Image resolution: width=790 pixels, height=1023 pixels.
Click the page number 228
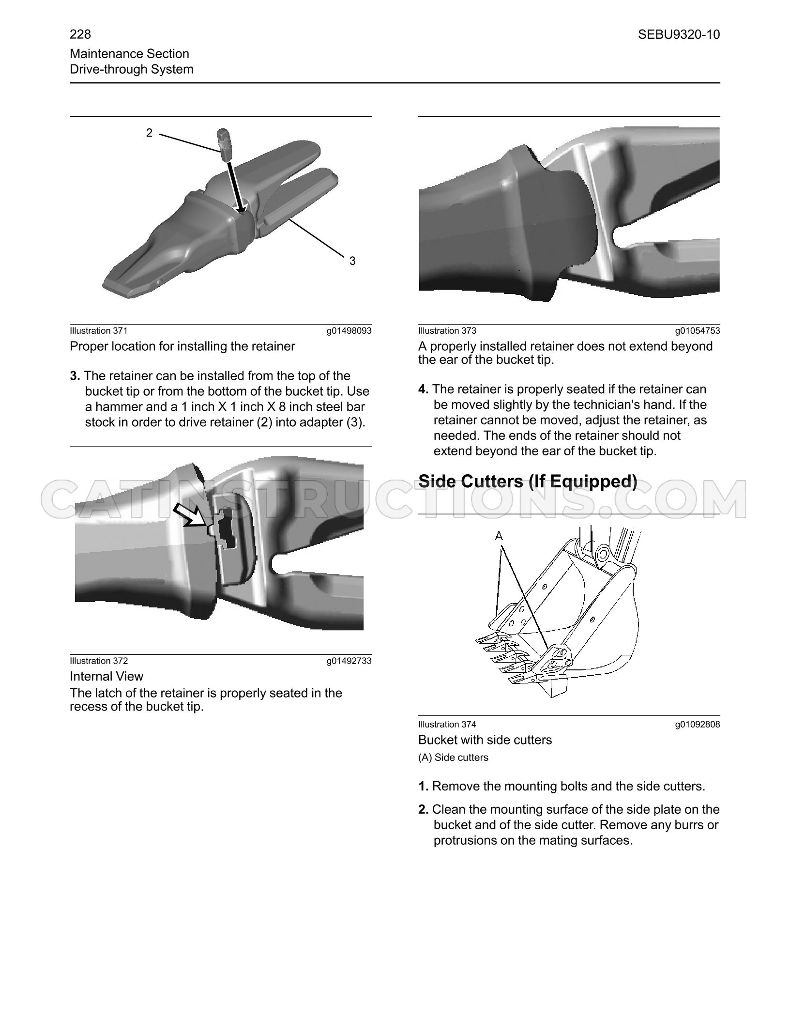point(80,34)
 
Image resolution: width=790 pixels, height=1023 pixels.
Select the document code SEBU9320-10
point(679,34)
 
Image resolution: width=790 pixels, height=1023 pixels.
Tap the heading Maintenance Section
point(129,54)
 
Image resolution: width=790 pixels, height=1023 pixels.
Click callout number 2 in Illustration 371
point(150,132)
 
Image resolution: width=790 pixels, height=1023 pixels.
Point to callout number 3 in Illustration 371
point(352,261)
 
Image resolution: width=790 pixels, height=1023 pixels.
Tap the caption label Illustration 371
point(99,331)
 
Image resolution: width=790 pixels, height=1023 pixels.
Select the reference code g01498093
point(349,331)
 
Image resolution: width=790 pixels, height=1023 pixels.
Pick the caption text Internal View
point(106,676)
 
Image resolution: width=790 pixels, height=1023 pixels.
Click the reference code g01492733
point(349,661)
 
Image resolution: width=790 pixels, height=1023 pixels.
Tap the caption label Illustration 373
point(447,331)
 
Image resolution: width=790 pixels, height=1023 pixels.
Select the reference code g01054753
point(698,331)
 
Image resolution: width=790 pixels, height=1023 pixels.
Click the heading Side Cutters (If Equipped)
point(528,481)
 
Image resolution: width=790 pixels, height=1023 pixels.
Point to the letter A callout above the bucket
point(499,536)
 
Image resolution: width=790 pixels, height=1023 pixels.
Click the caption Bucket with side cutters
point(485,740)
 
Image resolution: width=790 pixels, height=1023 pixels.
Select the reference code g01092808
point(698,725)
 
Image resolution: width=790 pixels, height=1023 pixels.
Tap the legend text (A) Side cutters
point(454,758)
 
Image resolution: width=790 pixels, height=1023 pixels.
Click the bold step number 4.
point(424,389)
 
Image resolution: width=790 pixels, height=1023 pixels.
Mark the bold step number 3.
point(75,376)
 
